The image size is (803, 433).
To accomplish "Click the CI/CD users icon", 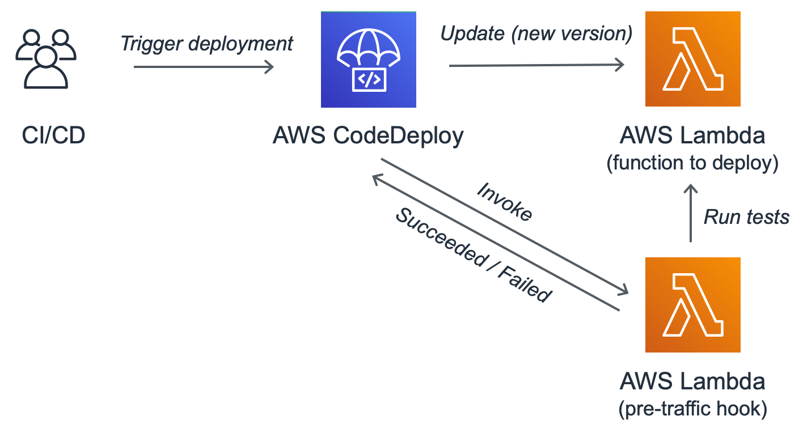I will point(45,59).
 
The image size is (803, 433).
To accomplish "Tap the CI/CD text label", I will point(53,137).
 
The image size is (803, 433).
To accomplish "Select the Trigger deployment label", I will point(207,44).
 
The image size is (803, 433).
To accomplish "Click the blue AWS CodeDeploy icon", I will point(368,60).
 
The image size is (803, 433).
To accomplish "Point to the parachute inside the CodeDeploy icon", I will point(369,48).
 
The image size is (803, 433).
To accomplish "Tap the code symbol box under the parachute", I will point(369,80).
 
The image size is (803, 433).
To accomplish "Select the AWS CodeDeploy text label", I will point(368,137).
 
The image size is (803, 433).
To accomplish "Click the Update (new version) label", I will point(536,34).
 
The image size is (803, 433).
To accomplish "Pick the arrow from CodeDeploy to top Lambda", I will point(536,66).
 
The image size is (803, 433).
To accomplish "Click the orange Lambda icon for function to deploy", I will point(692,60).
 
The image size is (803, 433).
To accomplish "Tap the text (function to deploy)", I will point(692,163).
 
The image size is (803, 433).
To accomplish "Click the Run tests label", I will point(746,216).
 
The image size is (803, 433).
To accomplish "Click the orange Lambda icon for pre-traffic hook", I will point(692,305).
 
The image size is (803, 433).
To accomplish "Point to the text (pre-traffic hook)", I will point(692,409).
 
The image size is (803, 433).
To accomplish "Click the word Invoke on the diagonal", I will point(504,202).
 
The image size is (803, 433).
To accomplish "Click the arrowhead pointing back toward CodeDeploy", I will point(376,179).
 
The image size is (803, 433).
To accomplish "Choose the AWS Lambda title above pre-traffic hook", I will point(692,382).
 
